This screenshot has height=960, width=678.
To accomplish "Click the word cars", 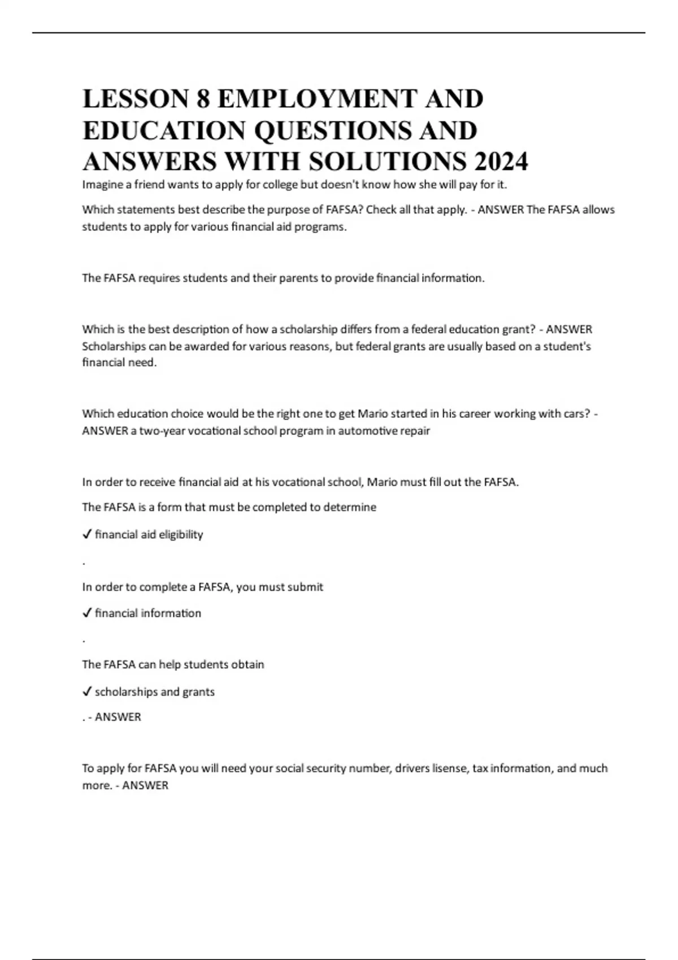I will click(x=575, y=414).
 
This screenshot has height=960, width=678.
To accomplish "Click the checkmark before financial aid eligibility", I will click(x=87, y=535).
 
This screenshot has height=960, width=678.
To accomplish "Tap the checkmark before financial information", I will click(x=87, y=613).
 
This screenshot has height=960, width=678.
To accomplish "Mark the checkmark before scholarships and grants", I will click(x=87, y=692).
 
